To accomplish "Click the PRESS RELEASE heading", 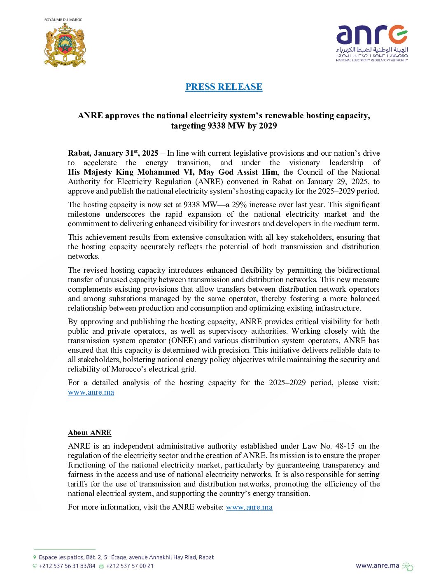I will click(x=224, y=87).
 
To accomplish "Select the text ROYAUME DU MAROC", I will click(x=63, y=20).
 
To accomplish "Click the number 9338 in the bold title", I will click(x=216, y=126).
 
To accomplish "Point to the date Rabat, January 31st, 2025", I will click(x=113, y=153).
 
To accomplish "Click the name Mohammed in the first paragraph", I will click(x=158, y=172).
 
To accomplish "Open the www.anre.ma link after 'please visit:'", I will click(x=91, y=392).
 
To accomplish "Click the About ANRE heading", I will click(x=89, y=433).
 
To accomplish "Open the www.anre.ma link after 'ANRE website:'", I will click(x=249, y=507).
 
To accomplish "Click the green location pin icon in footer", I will click(x=35, y=557).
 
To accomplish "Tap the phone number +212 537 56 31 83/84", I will click(x=67, y=566).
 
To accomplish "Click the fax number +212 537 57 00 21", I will click(x=130, y=566).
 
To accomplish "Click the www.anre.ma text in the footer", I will click(x=377, y=566).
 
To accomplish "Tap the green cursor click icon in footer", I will click(x=408, y=566).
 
